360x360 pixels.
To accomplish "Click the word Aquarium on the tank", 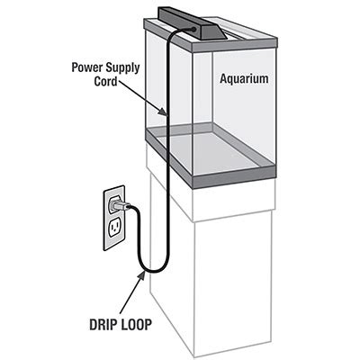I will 245,79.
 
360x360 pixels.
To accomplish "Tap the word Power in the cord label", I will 85,66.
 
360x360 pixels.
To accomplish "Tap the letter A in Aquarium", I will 224,79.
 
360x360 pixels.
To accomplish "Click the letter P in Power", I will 73,66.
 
